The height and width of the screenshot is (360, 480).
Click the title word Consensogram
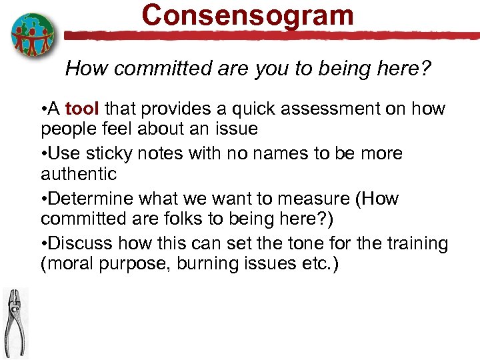(247, 15)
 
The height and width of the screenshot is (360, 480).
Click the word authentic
(79, 175)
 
